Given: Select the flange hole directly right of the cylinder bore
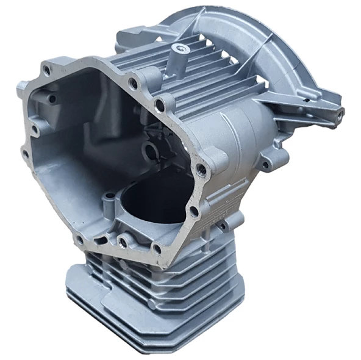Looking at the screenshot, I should tap(193, 211).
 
